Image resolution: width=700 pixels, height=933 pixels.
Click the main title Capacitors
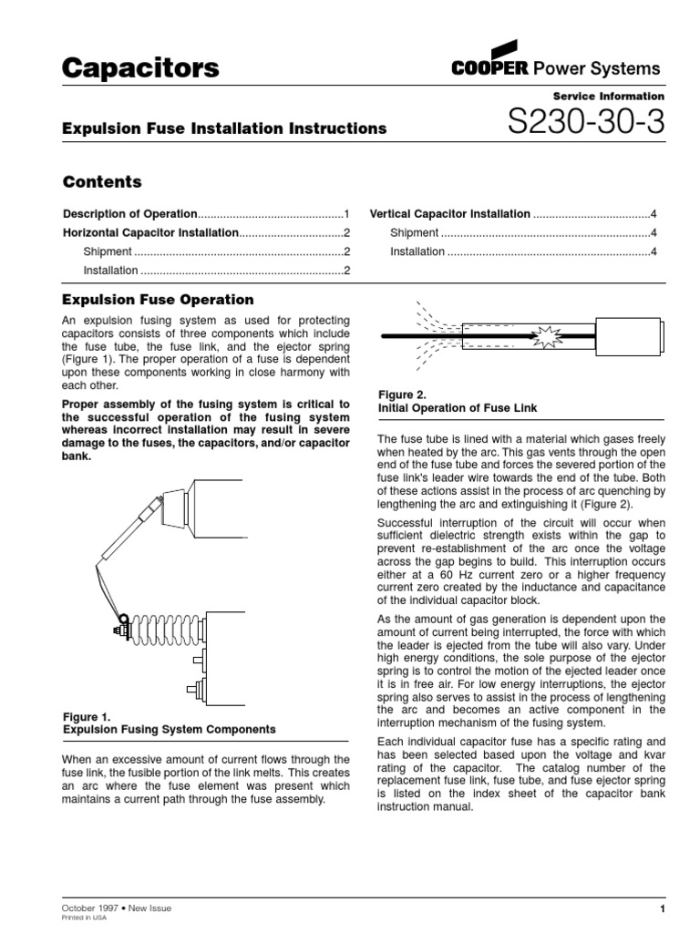pyautogui.click(x=140, y=68)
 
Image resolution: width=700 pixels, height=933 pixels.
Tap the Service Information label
pyautogui.click(x=609, y=96)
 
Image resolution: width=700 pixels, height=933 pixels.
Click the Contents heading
pyautogui.click(x=101, y=182)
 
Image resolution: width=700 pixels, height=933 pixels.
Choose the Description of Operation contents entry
pyautogui.click(x=129, y=214)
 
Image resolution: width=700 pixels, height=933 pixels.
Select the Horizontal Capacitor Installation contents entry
pyautogui.click(x=149, y=233)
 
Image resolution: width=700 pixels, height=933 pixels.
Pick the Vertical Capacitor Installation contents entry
pyautogui.click(x=449, y=214)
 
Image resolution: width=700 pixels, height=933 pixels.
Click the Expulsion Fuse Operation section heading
pyautogui.click(x=157, y=300)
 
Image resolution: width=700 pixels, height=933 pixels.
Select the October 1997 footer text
pyautogui.click(x=88, y=907)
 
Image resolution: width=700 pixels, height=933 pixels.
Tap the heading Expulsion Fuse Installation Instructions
pyautogui.click(x=223, y=128)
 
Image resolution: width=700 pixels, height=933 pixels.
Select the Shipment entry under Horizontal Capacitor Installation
pyautogui.click(x=108, y=251)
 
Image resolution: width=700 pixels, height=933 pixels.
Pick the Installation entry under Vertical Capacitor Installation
pyautogui.click(x=417, y=251)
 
